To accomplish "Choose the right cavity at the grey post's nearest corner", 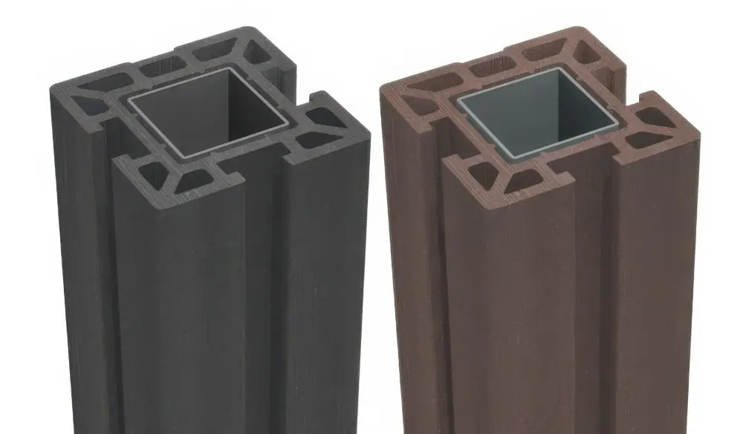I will (x=195, y=179).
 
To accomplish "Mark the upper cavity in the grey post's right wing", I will (x=322, y=117).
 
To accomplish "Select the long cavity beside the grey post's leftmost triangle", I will (x=106, y=81).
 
